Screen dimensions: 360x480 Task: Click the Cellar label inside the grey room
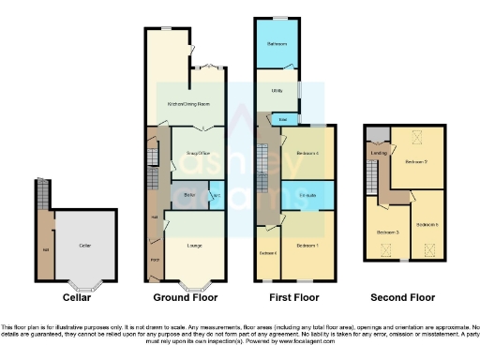pos(84,245)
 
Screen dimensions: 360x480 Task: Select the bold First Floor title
pos(293,298)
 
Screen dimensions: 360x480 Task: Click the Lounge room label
pos(195,246)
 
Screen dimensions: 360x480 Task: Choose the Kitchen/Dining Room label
pos(187,103)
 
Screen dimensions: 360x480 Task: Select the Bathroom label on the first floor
pos(276,45)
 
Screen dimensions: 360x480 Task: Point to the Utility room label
pos(277,91)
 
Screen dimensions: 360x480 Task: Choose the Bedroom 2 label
pos(416,161)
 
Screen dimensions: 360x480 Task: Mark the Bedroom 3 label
pos(388,232)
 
